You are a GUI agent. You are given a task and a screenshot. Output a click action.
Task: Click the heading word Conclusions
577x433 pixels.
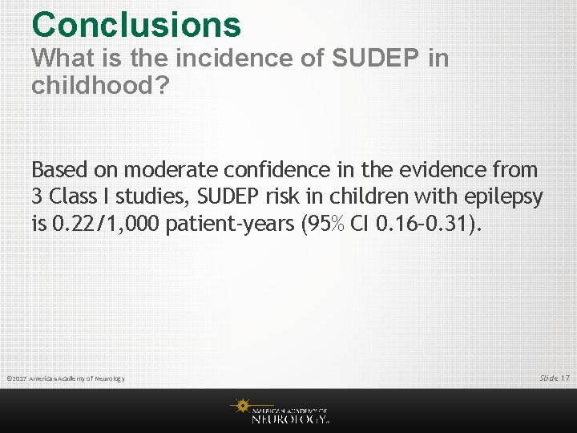tap(136, 24)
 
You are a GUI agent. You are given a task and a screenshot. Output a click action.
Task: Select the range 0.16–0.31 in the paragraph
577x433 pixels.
tap(425, 224)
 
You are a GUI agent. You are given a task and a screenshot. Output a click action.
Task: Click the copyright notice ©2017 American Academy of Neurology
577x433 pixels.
tap(65, 378)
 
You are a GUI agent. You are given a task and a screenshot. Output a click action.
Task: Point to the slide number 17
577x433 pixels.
tap(566, 378)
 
